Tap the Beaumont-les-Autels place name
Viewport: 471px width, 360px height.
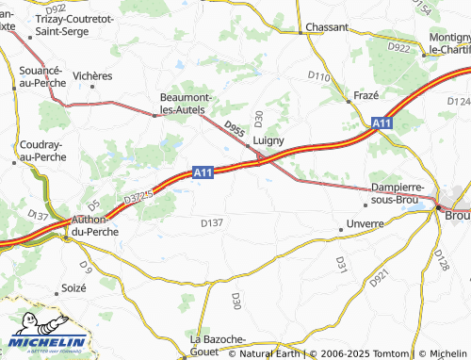point(190,105)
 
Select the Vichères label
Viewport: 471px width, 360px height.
point(91,75)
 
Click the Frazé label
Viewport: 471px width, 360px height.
point(365,97)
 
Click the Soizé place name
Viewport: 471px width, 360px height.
point(73,287)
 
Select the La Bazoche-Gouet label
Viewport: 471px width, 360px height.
point(218,344)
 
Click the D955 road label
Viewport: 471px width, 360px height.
point(235,128)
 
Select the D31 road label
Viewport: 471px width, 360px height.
point(341,264)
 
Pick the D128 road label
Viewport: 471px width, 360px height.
point(442,260)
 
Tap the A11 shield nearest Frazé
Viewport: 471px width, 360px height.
point(380,123)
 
